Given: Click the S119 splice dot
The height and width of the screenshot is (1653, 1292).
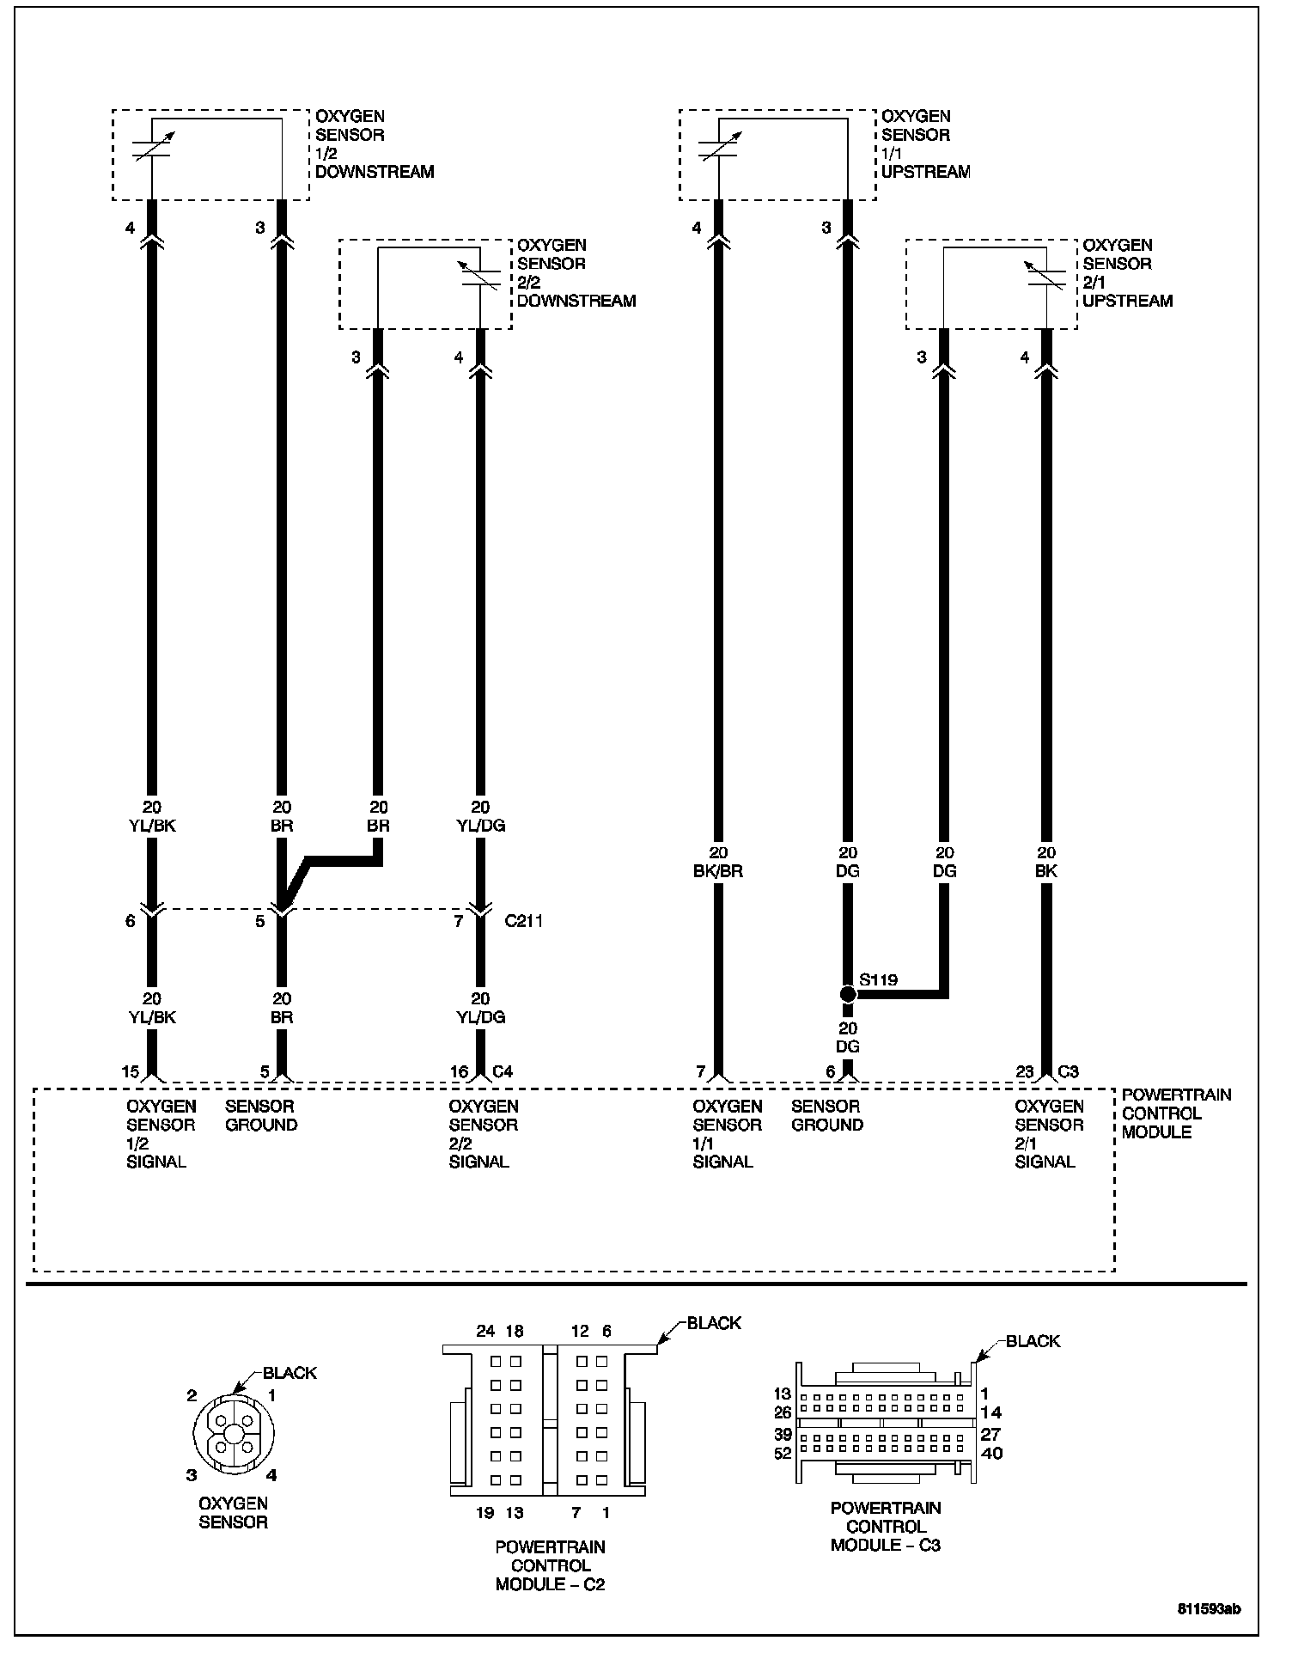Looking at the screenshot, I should pos(848,994).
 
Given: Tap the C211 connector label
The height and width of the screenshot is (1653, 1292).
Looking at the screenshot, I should pos(523,922).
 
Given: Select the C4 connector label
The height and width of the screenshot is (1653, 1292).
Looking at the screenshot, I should pos(503,1071).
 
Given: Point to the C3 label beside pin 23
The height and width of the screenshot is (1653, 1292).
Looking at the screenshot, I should pos(1068,1071).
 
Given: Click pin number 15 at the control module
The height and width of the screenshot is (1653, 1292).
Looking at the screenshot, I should pos(130,1071).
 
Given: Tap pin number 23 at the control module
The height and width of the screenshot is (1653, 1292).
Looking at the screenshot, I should pos(1025,1071).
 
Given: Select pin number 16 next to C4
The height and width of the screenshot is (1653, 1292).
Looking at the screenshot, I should pos(460,1071).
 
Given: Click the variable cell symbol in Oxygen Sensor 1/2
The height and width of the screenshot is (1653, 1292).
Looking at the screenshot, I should pos(151,146).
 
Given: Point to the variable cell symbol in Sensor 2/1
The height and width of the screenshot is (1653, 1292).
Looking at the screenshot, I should pos(1046,275).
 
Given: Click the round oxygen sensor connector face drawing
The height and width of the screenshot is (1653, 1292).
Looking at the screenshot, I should pos(233,1435).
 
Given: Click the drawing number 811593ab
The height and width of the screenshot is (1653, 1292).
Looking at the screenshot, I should pos(1209,1609).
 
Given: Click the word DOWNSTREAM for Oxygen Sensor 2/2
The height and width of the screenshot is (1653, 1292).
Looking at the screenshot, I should pos(576,302).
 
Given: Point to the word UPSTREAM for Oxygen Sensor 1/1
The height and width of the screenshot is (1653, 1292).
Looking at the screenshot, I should pos(925,172).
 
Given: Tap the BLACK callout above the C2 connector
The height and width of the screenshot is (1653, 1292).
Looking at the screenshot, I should pos(714,1323).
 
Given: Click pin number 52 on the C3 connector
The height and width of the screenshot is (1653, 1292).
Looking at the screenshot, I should pos(783,1454).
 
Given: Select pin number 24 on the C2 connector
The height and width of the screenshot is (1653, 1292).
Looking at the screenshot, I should pos(485,1331).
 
